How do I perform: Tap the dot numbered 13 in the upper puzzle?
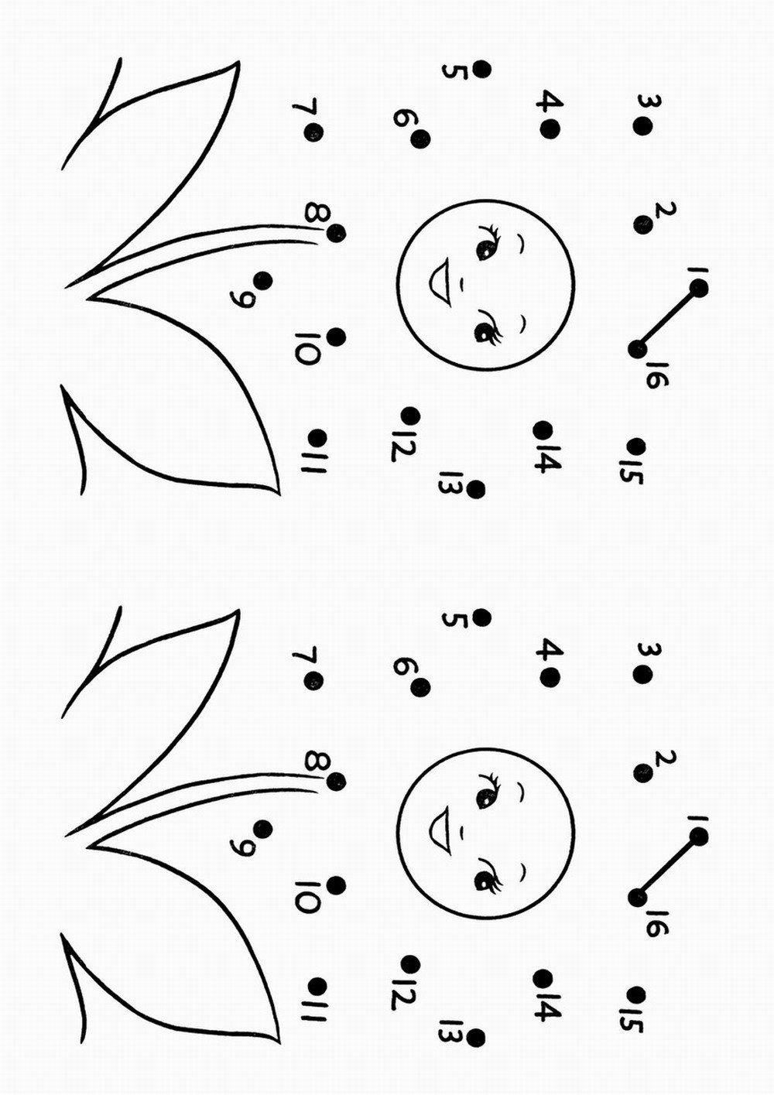point(476,489)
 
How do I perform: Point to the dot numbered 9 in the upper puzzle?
point(262,281)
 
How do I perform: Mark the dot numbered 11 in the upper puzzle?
point(318,436)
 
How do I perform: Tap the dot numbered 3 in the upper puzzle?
point(642,126)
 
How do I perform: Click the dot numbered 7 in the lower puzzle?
point(313,680)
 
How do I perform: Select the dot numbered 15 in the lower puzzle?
point(636,994)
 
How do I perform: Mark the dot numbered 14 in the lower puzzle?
point(543,978)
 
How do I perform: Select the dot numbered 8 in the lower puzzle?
point(336,781)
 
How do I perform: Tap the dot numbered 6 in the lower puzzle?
point(420,688)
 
